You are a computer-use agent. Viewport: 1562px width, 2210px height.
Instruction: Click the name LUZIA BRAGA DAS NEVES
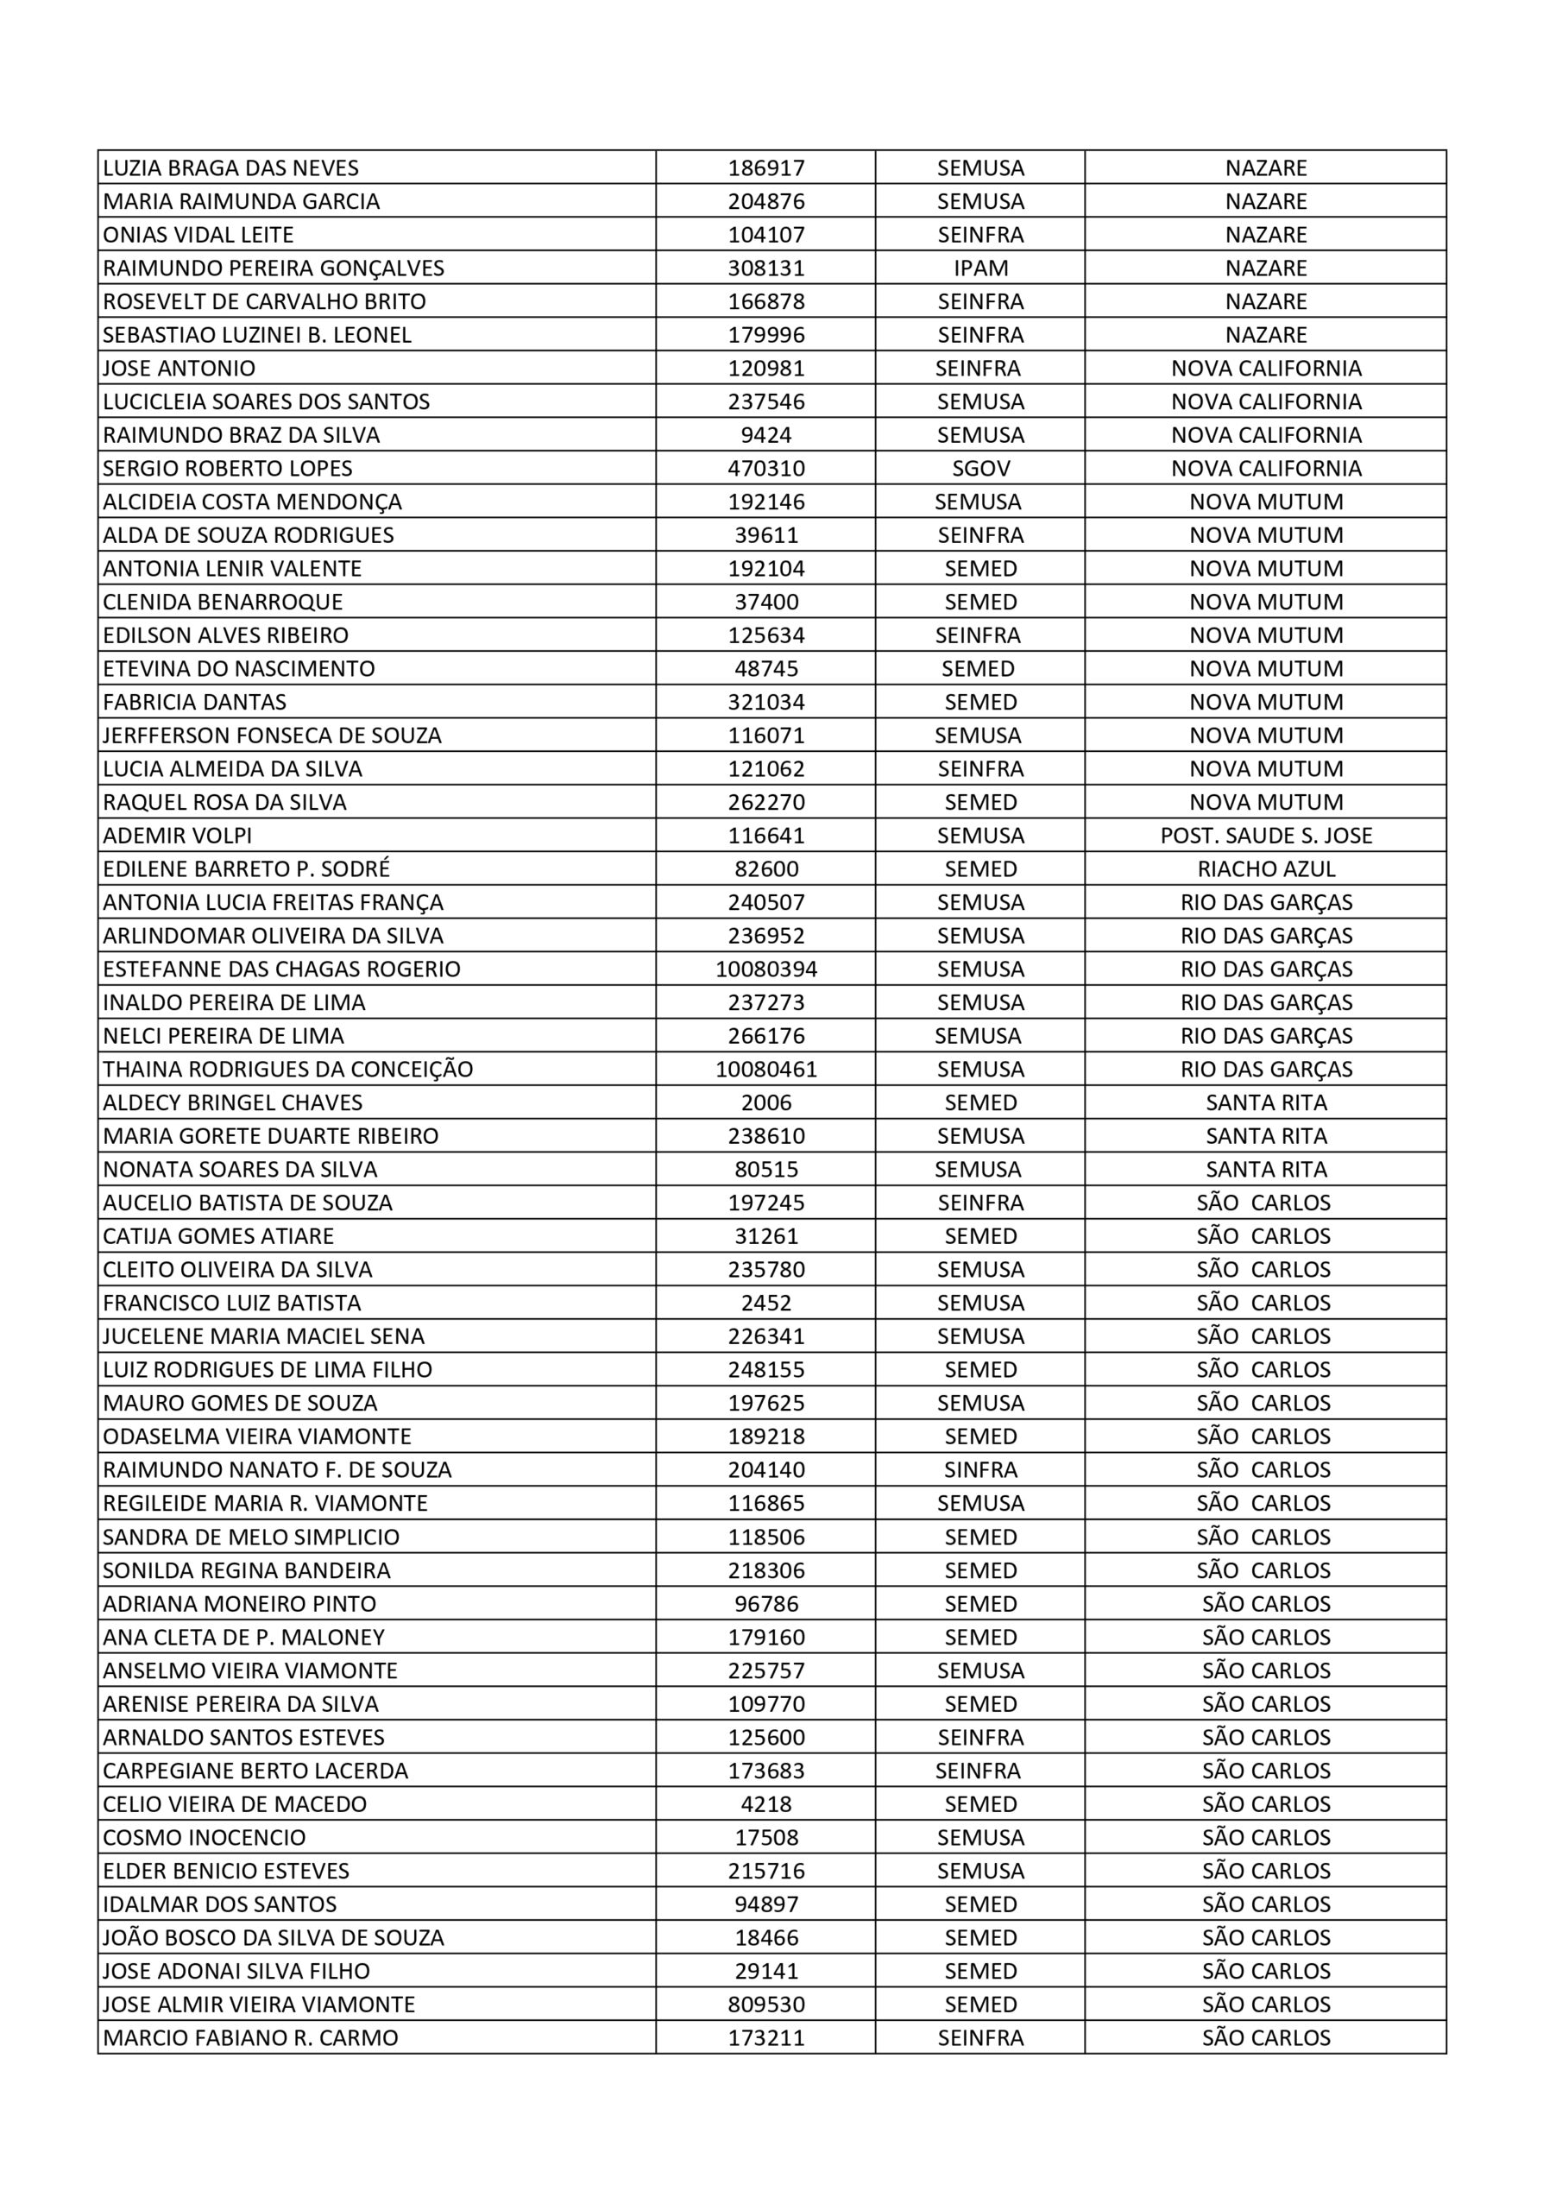click(230, 167)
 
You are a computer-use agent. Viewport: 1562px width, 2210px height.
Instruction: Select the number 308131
click(766, 268)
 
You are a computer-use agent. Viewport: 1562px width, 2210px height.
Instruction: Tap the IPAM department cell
click(979, 268)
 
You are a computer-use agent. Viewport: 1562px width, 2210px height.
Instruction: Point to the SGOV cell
click(979, 469)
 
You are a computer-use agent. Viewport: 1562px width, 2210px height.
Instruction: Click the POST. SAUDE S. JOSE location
click(1266, 836)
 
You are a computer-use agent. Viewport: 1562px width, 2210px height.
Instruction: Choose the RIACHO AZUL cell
click(1266, 869)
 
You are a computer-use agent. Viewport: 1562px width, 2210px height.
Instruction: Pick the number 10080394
click(766, 969)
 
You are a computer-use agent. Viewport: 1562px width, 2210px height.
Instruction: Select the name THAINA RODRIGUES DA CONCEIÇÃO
click(287, 1070)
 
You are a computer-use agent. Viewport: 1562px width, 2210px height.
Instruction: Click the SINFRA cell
click(979, 1470)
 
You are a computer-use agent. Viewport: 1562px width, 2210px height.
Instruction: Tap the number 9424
click(766, 435)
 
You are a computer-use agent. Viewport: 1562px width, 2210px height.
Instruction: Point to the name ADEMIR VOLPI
click(177, 836)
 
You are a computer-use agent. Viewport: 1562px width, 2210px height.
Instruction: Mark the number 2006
click(766, 1103)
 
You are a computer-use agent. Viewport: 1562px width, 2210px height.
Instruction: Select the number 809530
click(766, 2005)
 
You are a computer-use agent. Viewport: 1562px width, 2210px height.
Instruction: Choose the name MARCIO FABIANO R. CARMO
click(250, 2037)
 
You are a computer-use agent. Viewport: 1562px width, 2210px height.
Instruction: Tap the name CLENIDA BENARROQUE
click(223, 602)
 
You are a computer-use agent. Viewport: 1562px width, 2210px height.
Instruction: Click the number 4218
click(766, 1803)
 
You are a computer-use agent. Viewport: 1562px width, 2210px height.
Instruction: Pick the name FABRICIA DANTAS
click(194, 702)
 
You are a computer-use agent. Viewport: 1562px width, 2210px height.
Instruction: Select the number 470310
click(766, 469)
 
